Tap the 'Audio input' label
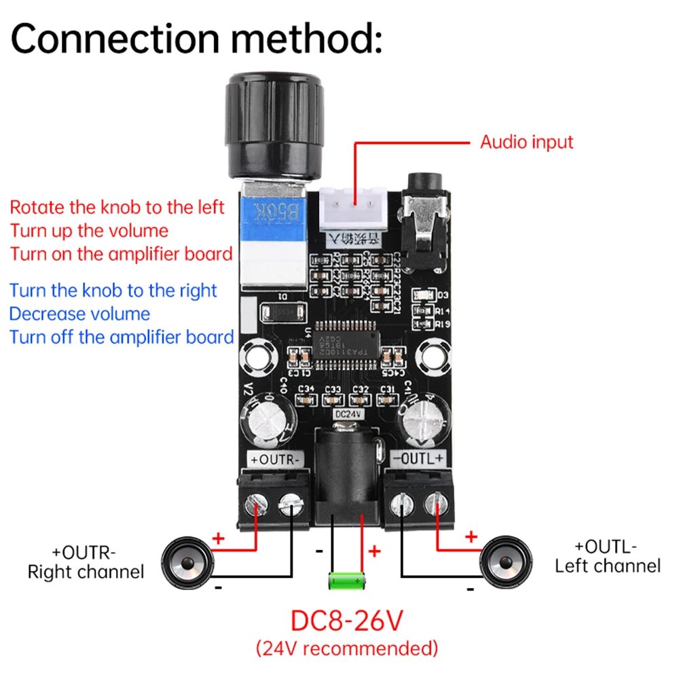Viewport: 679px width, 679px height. click(x=526, y=142)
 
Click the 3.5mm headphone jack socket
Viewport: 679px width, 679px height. click(x=425, y=224)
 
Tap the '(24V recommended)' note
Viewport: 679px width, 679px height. click(x=347, y=648)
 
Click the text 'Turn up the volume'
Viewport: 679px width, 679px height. click(x=89, y=230)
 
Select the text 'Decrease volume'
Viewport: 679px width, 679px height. click(x=79, y=314)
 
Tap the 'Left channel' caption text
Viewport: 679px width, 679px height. click(x=607, y=566)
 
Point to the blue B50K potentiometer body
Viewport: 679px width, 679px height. click(x=276, y=217)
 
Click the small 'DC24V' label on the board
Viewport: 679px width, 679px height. click(x=347, y=412)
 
